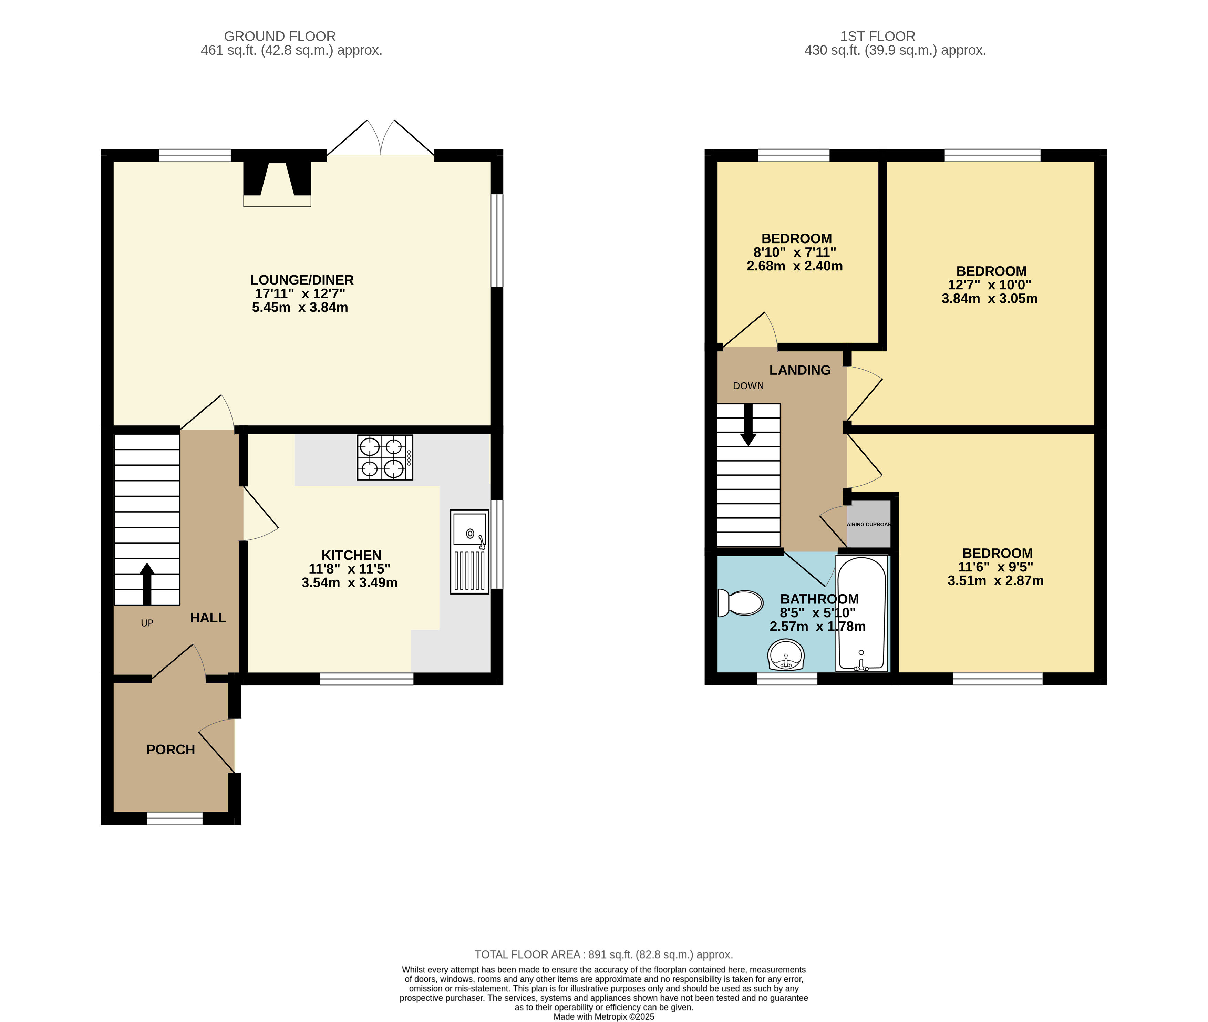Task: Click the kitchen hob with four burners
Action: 385,457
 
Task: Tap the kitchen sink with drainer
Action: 469,551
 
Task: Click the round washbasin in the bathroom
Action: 786,655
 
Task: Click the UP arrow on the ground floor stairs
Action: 147,584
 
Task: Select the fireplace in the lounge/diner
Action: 277,184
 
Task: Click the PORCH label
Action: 171,750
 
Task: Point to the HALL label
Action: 208,618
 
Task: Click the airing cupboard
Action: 868,524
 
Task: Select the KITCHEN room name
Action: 351,555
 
